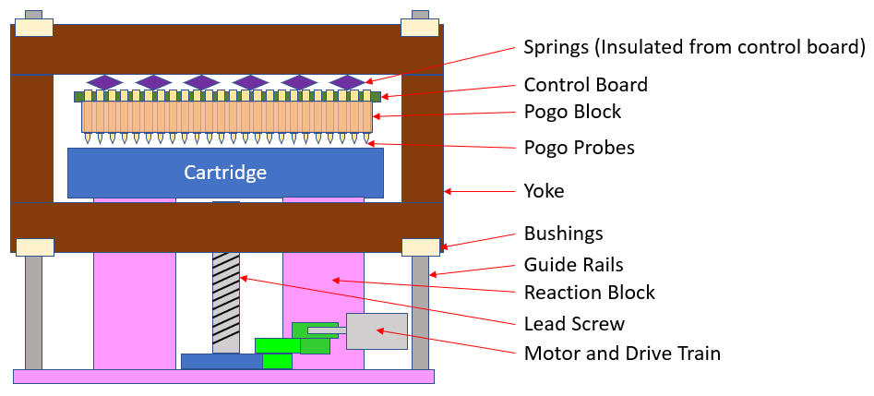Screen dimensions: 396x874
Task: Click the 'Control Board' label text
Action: (x=585, y=85)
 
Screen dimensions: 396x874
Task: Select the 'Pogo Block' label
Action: (x=572, y=112)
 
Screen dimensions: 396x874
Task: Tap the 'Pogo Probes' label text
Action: (x=579, y=148)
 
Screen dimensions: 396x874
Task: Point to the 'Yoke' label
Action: (x=544, y=191)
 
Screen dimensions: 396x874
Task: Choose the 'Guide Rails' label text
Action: (x=573, y=265)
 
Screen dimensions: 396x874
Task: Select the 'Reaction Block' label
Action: (x=589, y=293)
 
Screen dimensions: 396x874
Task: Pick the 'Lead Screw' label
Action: (x=574, y=324)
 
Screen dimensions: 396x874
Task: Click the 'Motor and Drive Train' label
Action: (x=622, y=354)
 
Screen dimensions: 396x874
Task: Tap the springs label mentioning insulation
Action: (x=694, y=46)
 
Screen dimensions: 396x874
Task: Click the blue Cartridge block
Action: (x=225, y=173)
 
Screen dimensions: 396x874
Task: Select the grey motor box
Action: (x=377, y=331)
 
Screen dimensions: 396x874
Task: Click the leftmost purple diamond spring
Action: (x=104, y=82)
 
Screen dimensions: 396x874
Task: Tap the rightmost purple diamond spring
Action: (x=347, y=82)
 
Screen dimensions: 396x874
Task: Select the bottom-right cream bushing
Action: (x=419, y=246)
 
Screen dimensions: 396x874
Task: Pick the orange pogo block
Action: (x=226, y=115)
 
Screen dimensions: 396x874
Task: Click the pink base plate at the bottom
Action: (x=223, y=376)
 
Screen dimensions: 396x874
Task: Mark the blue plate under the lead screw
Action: (x=221, y=361)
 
